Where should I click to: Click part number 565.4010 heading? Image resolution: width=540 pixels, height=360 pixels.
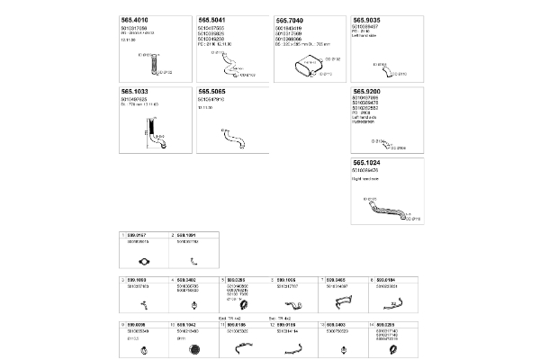[136, 19]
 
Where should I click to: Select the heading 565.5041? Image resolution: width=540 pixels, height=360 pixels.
[212, 19]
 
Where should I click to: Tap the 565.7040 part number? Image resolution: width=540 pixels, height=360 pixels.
[292, 19]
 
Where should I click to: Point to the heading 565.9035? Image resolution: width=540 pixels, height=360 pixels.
[369, 19]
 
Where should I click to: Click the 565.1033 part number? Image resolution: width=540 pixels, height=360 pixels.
[136, 91]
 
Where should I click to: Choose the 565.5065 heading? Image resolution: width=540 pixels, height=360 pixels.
[212, 91]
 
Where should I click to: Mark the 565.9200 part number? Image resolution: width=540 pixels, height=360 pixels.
[369, 91]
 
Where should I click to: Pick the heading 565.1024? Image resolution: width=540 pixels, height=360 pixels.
[369, 164]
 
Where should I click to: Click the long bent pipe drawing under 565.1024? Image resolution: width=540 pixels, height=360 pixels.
[385, 211]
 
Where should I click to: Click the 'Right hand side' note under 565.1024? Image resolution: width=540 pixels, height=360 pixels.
[364, 180]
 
